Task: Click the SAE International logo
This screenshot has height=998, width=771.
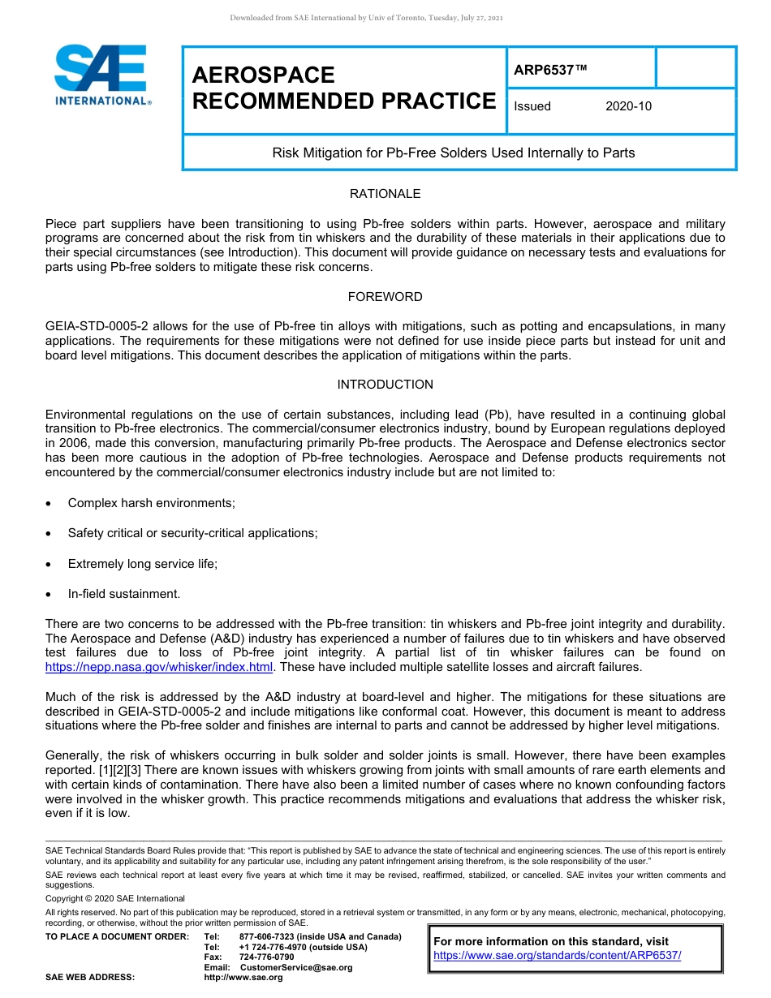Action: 101,75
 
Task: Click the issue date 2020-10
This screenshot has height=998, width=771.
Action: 628,106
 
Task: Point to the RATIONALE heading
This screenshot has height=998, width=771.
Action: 385,194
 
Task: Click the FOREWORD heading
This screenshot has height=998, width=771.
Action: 385,297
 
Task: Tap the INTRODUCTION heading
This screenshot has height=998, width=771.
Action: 385,385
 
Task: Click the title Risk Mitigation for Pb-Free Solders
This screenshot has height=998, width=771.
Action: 453,153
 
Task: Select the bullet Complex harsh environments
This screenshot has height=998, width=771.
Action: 151,503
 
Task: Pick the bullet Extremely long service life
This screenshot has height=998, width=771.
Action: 143,564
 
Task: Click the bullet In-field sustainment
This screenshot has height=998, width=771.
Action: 123,594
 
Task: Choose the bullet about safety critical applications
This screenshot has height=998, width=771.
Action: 192,533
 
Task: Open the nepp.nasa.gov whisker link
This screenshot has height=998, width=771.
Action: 159,667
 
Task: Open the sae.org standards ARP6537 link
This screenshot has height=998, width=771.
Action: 558,955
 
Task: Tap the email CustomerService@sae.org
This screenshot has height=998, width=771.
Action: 296,967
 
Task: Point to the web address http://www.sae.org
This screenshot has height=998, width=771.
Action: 243,978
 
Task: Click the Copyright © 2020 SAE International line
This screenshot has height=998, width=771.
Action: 115,898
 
